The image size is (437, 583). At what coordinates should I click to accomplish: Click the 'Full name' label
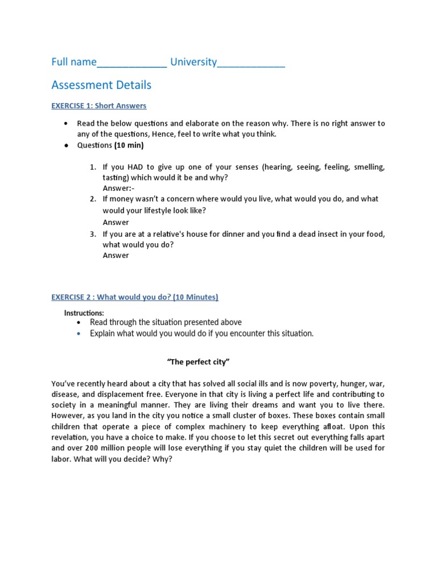pyautogui.click(x=73, y=62)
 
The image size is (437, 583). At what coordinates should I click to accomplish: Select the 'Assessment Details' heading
pyautogui.click(x=101, y=85)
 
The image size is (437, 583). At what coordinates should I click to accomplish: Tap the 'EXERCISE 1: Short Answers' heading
pyautogui.click(x=98, y=106)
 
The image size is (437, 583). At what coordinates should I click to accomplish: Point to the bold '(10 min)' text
pyautogui.click(x=129, y=145)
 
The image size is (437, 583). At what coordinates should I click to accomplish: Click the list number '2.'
pyautogui.click(x=93, y=199)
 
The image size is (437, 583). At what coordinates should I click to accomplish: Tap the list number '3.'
pyautogui.click(x=93, y=234)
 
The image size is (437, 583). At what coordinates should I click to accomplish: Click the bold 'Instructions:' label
pyautogui.click(x=84, y=313)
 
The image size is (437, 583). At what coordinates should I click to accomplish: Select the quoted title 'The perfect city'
pyautogui.click(x=198, y=362)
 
